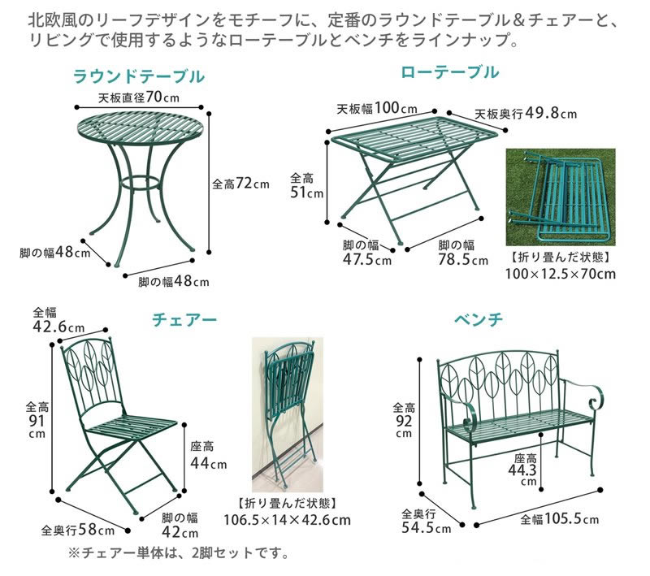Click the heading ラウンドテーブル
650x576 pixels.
coord(139,77)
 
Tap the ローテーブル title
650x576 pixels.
coord(450,72)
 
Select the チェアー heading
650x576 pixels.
coord(184,320)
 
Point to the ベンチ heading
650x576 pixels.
coord(479,319)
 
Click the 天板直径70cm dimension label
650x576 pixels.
coord(139,97)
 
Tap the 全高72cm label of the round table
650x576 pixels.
coord(240,184)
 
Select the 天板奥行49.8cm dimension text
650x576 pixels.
coord(526,113)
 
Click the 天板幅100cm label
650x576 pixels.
coord(377,109)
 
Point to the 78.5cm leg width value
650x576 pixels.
coord(463,260)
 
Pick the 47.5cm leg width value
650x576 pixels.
coord(367,260)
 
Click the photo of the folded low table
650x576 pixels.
coord(561,197)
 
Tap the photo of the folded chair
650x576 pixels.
coord(288,415)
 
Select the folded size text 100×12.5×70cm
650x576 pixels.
coord(561,274)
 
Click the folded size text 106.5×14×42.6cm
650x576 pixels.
coord(288,520)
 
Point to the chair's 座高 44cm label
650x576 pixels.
coord(209,455)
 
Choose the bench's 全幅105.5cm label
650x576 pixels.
coord(560,519)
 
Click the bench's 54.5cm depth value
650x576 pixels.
coord(426,528)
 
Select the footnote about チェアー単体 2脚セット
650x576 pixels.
coord(179,552)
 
